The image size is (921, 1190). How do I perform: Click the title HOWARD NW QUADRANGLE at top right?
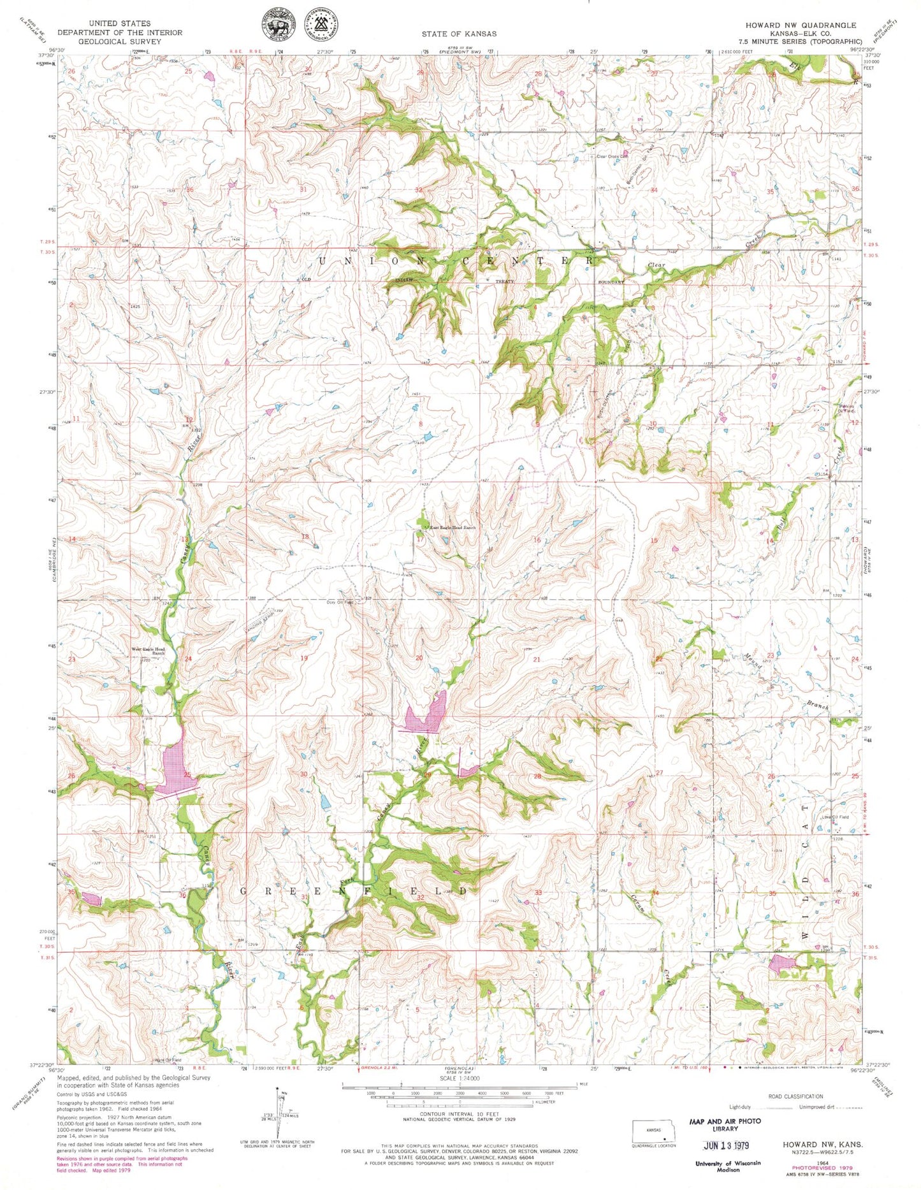pyautogui.click(x=801, y=25)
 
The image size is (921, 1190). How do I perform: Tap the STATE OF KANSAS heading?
pyautogui.click(x=459, y=33)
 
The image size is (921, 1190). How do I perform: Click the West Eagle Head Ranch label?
pyautogui.click(x=149, y=651)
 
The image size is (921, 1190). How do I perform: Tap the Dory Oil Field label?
pyautogui.click(x=339, y=602)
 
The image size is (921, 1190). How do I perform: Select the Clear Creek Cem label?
pyautogui.click(x=612, y=156)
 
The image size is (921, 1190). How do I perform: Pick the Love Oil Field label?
pyautogui.click(x=835, y=817)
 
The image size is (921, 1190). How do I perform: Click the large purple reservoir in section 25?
pyautogui.click(x=174, y=763)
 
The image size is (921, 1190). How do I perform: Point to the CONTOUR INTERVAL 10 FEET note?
pyautogui.click(x=459, y=1114)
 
